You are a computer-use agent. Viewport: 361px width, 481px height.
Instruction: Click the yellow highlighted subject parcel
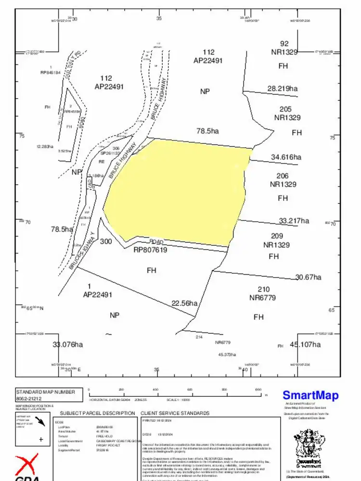(178, 192)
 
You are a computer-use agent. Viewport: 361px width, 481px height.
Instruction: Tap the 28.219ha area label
(283, 89)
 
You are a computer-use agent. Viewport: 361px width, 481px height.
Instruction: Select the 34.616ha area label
(286, 157)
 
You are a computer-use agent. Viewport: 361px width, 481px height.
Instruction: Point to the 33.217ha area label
(294, 221)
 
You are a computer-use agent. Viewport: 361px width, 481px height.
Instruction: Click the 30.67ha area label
(309, 277)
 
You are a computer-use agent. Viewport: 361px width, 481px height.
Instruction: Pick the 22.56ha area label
(184, 303)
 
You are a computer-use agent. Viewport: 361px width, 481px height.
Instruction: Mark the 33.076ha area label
(67, 344)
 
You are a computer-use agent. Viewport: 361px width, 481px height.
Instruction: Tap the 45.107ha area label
(305, 344)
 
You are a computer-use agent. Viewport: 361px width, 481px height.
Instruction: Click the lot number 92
(284, 43)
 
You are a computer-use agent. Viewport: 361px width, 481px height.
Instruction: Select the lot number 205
(285, 110)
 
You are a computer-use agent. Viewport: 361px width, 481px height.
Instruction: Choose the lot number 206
(283, 177)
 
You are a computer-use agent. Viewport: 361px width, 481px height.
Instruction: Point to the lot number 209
(277, 236)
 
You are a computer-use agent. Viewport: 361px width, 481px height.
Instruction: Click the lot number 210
(263, 289)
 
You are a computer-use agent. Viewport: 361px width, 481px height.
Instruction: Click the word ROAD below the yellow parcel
(157, 242)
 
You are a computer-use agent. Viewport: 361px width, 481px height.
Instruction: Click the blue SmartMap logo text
(310, 396)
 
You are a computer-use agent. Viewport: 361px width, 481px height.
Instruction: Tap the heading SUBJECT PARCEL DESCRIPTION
(97, 413)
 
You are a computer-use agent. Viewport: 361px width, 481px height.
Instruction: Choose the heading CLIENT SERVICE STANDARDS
(175, 413)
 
